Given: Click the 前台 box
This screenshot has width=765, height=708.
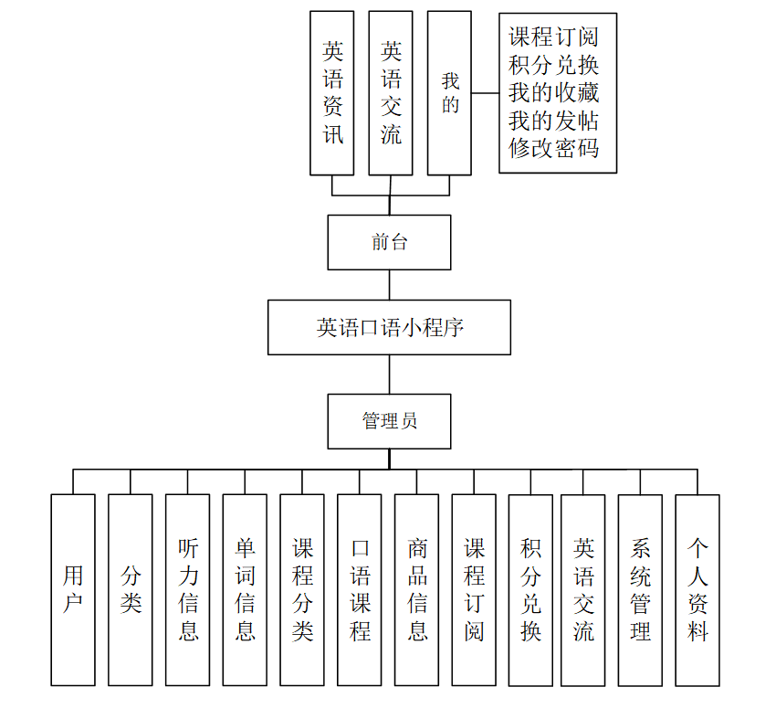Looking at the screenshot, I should click(389, 242).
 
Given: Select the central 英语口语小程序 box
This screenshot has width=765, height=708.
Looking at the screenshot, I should click(389, 327).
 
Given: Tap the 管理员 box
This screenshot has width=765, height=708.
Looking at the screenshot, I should click(389, 421).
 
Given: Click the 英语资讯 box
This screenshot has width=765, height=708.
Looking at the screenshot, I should click(332, 92).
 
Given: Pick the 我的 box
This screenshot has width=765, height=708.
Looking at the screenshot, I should click(449, 92).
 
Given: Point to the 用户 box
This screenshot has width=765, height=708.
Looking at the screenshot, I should click(73, 589).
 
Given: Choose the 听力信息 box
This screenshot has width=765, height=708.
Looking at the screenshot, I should click(187, 589).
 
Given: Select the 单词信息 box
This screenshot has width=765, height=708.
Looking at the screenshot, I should click(245, 589).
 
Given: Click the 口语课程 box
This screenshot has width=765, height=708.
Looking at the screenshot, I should click(360, 589).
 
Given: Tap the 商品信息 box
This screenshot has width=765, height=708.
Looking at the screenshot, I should click(416, 589).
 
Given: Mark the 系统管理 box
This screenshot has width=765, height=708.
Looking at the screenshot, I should click(640, 589).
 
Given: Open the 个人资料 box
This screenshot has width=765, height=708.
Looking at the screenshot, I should click(697, 589).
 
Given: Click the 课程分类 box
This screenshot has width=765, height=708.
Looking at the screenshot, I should click(302, 589).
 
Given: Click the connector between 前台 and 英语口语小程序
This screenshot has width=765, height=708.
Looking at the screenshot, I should click(390, 285).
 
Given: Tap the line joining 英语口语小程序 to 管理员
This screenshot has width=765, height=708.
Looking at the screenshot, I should click(390, 375).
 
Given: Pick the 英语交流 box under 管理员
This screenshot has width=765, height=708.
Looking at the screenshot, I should click(583, 589).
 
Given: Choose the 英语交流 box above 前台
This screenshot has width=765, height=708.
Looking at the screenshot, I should click(391, 92).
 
